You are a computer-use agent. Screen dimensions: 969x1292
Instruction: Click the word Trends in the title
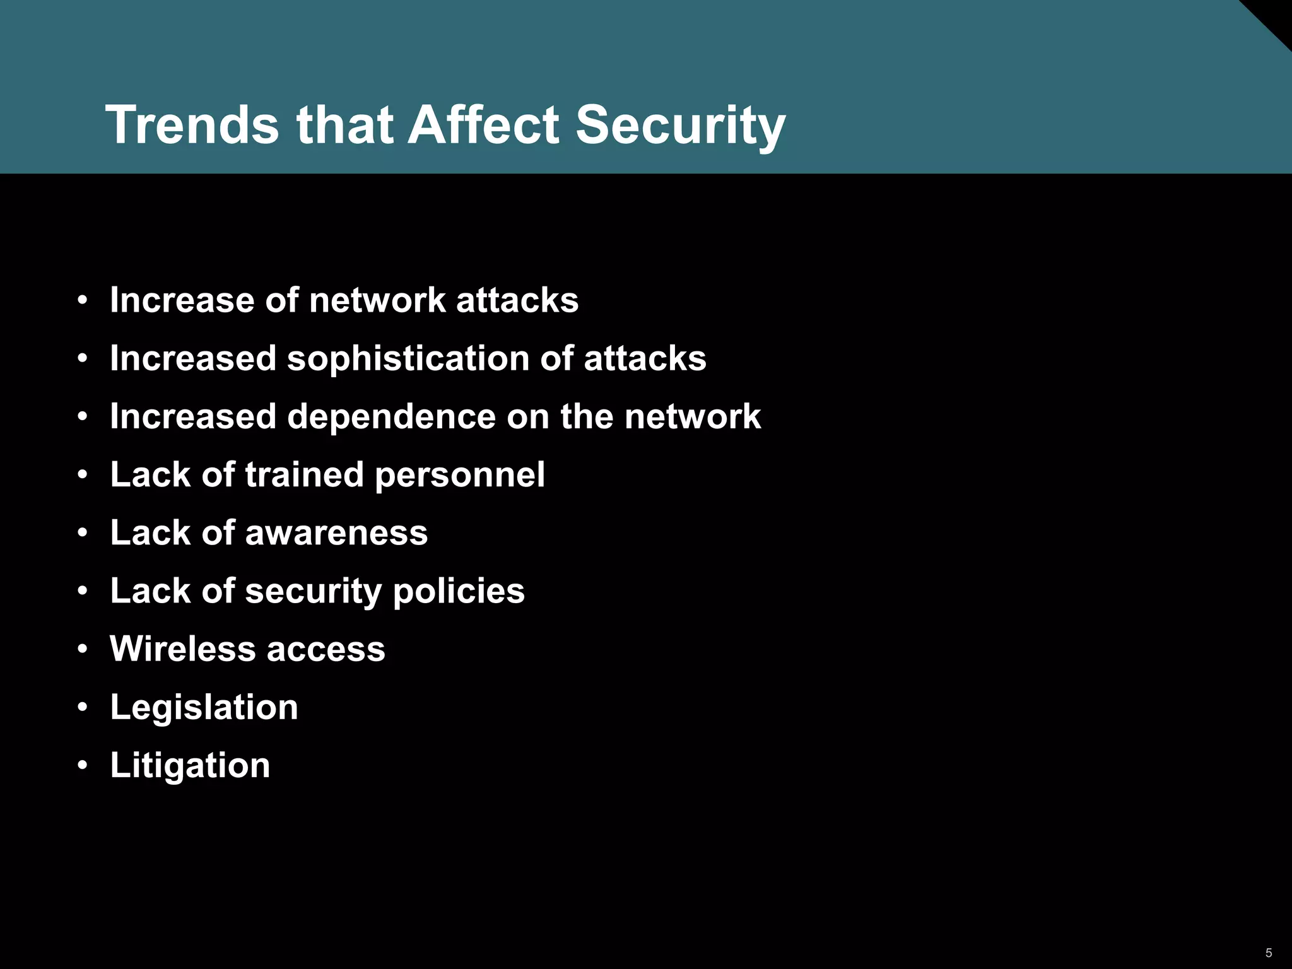point(192,124)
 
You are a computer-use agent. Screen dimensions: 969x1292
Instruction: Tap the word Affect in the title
point(483,124)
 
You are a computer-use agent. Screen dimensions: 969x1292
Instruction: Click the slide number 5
point(1269,953)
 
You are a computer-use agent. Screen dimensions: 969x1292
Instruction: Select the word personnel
point(459,475)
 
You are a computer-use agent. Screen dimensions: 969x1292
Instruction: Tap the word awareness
point(336,533)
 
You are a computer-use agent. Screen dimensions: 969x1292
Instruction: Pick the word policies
point(459,592)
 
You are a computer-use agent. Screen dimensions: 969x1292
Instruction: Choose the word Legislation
point(204,707)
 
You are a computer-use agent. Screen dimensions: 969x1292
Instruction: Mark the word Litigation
point(190,765)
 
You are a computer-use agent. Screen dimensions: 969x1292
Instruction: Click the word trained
point(304,475)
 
